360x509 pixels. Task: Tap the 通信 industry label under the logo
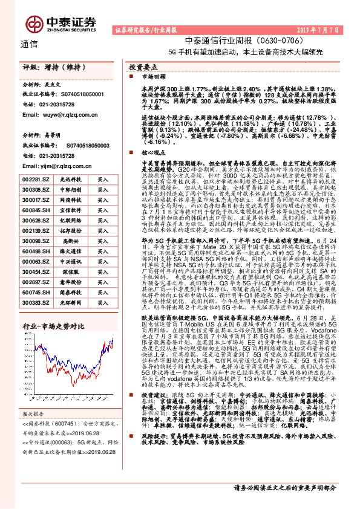pyautogui.click(x=30, y=44)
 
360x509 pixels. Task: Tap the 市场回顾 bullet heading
pyautogui.click(x=153, y=77)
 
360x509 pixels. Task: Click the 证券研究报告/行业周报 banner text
pyautogui.click(x=143, y=29)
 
